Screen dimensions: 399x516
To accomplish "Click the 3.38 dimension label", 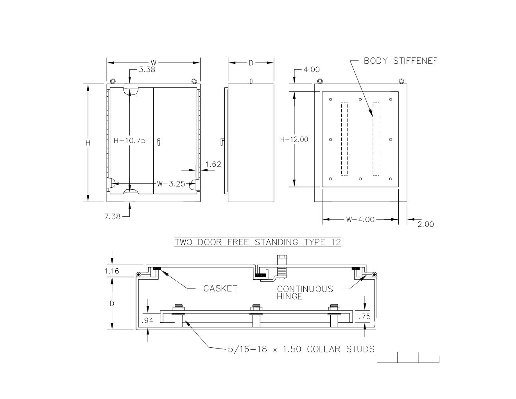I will [147, 70].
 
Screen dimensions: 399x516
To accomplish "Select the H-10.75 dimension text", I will [129, 140].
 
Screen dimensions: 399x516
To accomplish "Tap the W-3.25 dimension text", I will [171, 184].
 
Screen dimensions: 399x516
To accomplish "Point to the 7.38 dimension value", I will [112, 216].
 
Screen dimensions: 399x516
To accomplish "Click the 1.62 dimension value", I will [213, 164].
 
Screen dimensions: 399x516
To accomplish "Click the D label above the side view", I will [251, 63].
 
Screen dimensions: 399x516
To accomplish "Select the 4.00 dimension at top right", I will [312, 70].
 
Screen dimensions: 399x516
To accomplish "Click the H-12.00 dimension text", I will [294, 140].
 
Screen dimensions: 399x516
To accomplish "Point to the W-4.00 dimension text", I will [360, 220].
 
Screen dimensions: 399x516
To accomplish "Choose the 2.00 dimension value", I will [426, 225].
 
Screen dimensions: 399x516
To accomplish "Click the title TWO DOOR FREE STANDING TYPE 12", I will [258, 243].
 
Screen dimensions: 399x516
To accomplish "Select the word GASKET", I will [220, 289].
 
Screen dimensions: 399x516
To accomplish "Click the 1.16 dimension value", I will [112, 271].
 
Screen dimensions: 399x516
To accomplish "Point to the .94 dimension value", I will [148, 321].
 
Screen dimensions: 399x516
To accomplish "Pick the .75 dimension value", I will [364, 317].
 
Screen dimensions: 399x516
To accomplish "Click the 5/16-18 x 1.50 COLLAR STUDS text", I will [301, 349].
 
